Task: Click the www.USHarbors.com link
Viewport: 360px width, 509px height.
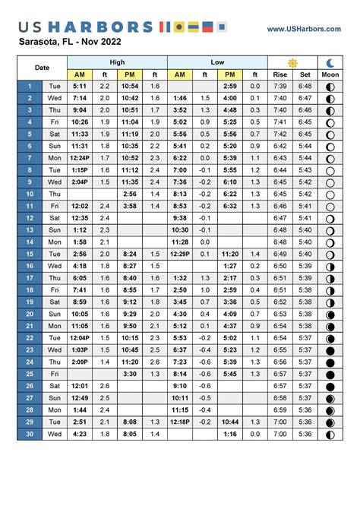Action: (x=302, y=29)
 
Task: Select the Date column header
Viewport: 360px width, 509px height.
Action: (x=43, y=68)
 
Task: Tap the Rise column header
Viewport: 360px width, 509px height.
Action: (x=279, y=74)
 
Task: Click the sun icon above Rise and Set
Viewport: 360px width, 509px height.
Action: (x=292, y=62)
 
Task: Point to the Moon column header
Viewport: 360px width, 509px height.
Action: (x=330, y=74)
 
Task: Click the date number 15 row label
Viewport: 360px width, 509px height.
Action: (x=30, y=254)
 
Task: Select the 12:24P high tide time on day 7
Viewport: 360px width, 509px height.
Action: (x=80, y=158)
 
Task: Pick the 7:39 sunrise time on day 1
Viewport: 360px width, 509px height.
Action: (x=279, y=86)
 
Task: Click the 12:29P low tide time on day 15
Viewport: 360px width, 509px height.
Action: (x=180, y=254)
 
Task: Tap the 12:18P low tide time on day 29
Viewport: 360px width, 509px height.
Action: (x=180, y=421)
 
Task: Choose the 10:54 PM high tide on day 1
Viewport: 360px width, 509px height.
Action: (x=130, y=86)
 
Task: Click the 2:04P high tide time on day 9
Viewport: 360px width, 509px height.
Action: (x=80, y=182)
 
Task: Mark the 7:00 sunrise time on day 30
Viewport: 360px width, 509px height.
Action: (x=279, y=433)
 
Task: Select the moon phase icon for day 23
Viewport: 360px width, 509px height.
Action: (x=330, y=349)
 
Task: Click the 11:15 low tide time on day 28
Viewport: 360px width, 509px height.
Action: (x=180, y=409)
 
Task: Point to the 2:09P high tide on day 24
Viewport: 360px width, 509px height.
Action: (x=80, y=362)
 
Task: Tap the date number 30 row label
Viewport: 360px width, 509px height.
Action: (x=30, y=433)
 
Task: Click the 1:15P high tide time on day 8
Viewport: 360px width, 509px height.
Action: (x=80, y=170)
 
